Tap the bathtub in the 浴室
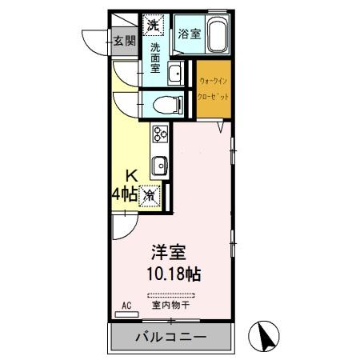click(218, 37)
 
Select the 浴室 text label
click(188, 34)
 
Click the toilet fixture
click(159, 103)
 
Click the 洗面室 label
click(155, 58)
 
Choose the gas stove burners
click(159, 134)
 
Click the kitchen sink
click(160, 166)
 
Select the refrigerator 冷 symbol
click(150, 194)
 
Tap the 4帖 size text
click(123, 194)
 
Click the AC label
click(126, 306)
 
